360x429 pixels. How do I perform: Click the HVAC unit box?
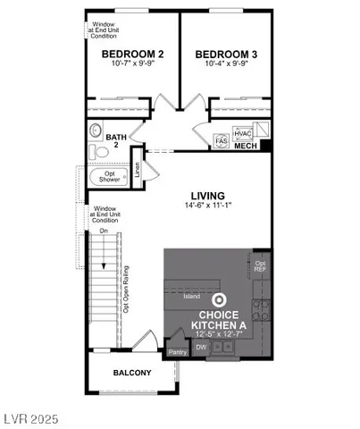coord(243,132)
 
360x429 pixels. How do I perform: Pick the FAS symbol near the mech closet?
coord(222,141)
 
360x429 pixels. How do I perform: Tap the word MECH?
coord(247,144)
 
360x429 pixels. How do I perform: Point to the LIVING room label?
coord(207,195)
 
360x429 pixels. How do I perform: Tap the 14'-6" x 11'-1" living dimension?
coord(207,206)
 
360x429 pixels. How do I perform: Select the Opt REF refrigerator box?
coord(260,265)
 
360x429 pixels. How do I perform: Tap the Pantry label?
coord(178,352)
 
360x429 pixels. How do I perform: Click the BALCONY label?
coord(132,373)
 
